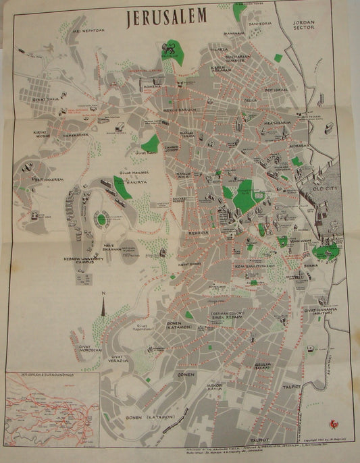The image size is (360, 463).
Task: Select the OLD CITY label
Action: coord(325,190)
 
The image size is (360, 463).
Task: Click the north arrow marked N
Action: coord(103,305)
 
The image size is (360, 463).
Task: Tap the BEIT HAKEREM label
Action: coord(30,180)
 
